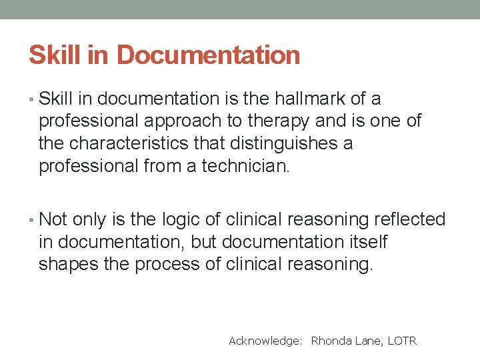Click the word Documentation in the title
pos(208,55)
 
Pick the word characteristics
pos(150,143)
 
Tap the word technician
pos(246,166)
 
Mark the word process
pos(175,265)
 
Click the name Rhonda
pos(331,341)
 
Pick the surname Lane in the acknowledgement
pos(369,341)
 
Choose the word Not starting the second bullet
pos(53,220)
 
